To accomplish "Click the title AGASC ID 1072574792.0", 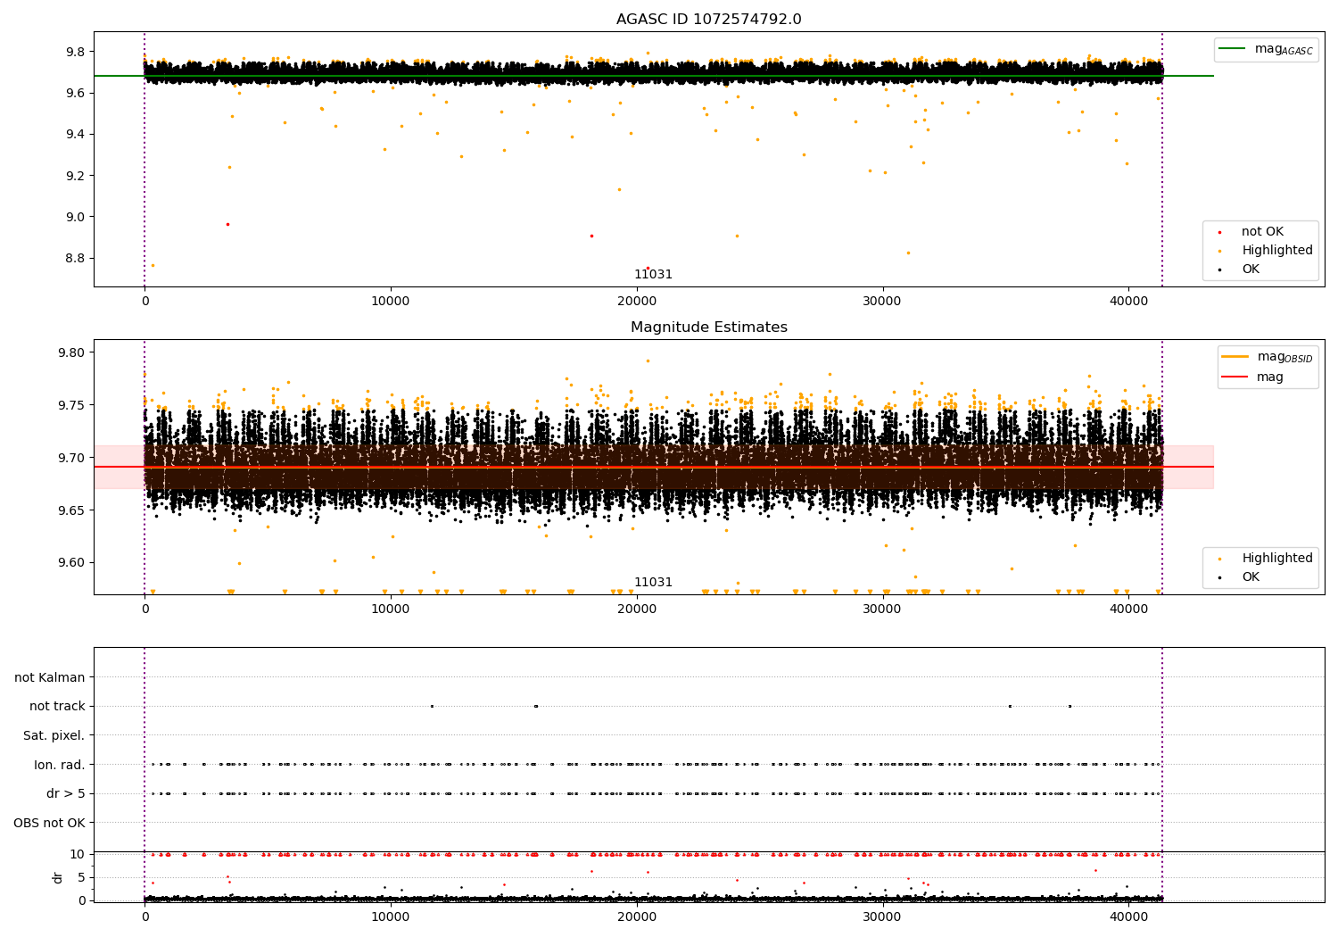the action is pos(708,19).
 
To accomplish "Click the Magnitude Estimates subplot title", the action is pos(708,327).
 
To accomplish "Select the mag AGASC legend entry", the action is pos(1266,49).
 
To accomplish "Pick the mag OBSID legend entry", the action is pos(1267,357).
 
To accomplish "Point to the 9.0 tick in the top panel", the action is pos(75,217).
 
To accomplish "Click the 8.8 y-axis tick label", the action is pos(75,258).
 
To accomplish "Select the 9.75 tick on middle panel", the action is pos(71,404).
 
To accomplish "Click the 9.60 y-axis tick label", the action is pos(71,562).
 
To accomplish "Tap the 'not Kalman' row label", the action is pos(50,677).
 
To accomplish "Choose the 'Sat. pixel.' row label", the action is pos(54,735).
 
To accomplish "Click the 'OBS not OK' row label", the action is pos(49,823).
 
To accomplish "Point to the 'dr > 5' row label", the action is pos(66,793).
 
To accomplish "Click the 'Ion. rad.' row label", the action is pos(59,764).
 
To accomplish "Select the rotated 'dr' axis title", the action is pos(57,878).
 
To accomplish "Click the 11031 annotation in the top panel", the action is pos(653,274).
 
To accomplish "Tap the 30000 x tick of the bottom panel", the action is pos(881,916).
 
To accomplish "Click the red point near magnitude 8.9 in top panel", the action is pos(592,236).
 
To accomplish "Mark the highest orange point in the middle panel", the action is pos(648,361).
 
